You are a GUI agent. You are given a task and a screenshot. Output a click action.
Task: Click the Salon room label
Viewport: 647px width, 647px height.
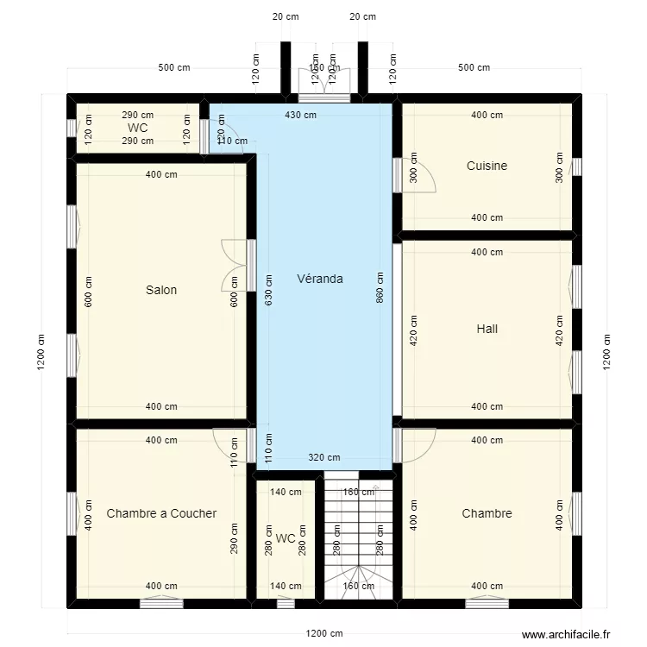click(x=161, y=290)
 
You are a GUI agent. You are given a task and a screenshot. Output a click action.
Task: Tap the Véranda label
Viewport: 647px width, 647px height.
click(x=320, y=279)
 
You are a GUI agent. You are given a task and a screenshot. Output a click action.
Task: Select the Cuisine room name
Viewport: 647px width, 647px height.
click(x=487, y=166)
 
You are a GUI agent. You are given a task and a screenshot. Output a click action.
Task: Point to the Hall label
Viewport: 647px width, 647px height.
click(x=487, y=329)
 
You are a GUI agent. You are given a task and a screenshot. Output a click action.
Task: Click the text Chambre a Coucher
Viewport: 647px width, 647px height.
click(x=161, y=513)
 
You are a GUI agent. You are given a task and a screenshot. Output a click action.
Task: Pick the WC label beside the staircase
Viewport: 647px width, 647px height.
click(x=286, y=538)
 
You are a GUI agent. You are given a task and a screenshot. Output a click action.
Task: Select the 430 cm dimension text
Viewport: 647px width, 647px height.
click(x=300, y=115)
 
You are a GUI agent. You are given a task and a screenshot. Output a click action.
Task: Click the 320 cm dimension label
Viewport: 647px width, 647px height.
click(x=324, y=458)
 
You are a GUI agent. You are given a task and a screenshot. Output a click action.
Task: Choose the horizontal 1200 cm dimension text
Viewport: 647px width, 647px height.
click(x=324, y=633)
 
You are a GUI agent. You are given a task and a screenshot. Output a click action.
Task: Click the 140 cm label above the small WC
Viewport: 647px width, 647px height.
click(x=286, y=493)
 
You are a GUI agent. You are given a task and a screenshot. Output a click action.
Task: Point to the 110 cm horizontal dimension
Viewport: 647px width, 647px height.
click(x=230, y=141)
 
